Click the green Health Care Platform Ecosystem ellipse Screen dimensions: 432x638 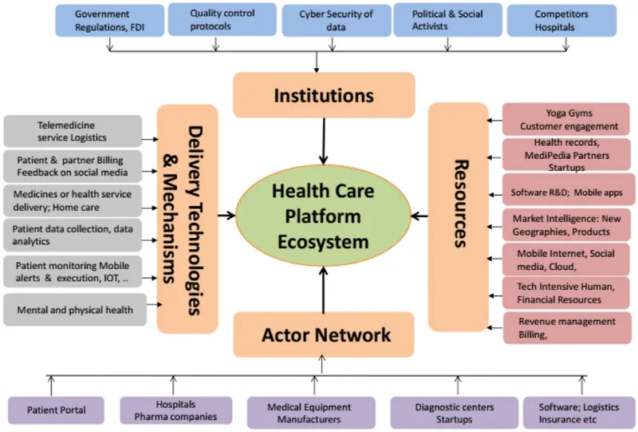pos(324,216)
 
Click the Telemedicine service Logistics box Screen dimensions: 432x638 pos(73,131)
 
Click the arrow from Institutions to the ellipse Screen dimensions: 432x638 pos(324,141)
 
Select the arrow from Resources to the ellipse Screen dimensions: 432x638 pos(419,216)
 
